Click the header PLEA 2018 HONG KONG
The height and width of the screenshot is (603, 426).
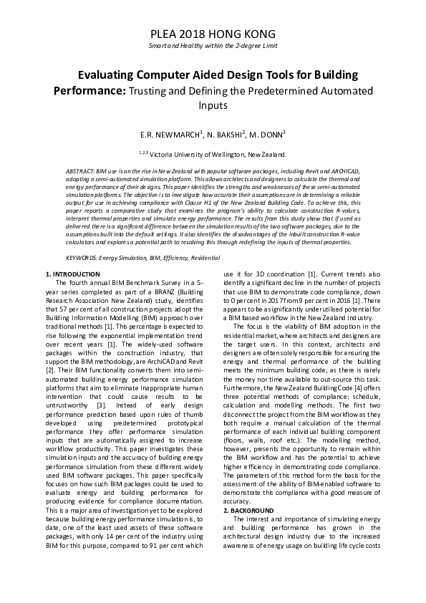tap(213, 34)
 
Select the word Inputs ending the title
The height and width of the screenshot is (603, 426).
tap(213, 105)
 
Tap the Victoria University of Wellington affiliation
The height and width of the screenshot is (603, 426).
tap(219, 154)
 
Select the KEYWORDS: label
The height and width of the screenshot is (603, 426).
tap(82, 256)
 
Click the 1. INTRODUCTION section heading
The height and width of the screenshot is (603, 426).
tap(73, 274)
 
